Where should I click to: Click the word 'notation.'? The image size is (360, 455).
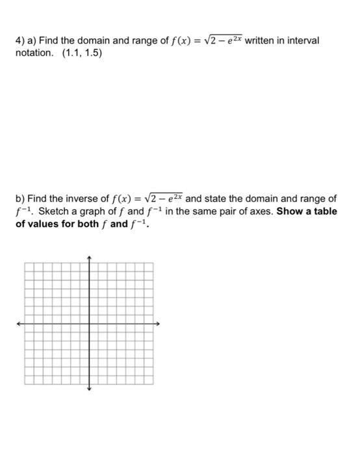coord(35,53)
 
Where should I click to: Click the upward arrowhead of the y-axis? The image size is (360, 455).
coord(90,257)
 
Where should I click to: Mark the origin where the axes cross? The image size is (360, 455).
coord(90,323)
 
